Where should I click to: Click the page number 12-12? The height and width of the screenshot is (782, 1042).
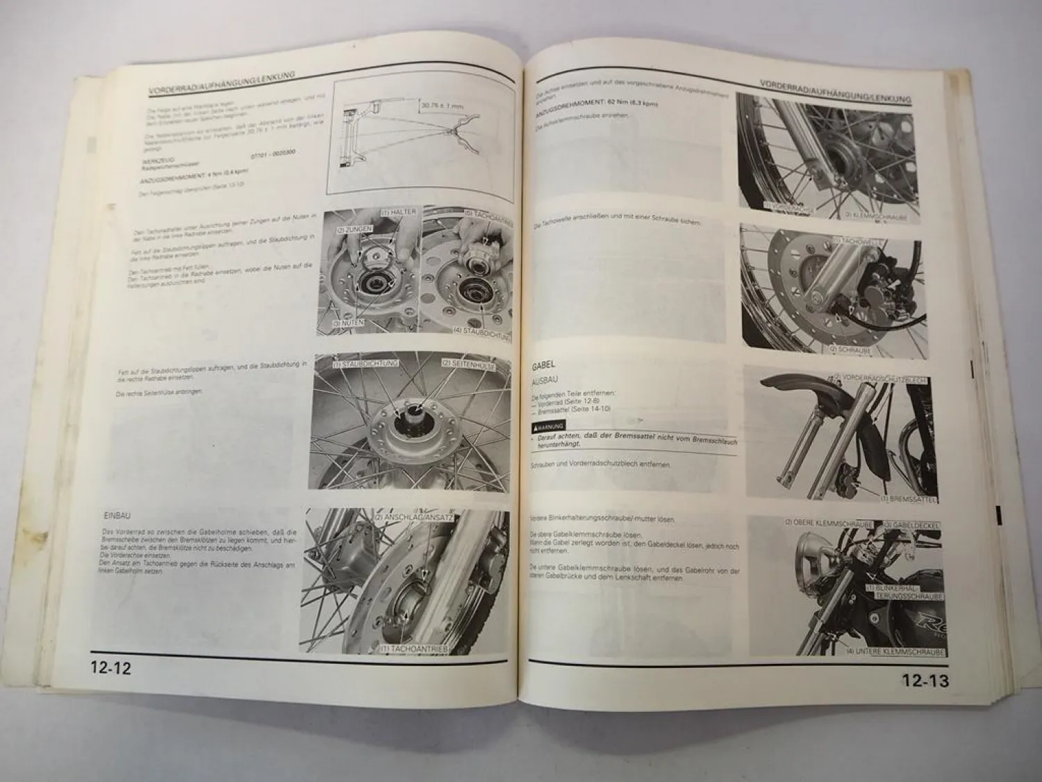[110, 669]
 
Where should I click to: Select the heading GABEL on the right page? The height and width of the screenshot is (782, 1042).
[547, 365]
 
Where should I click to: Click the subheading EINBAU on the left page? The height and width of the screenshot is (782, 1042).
[115, 516]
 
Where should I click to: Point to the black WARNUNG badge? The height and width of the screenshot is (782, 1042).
[549, 425]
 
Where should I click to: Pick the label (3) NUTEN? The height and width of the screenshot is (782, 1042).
[345, 323]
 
